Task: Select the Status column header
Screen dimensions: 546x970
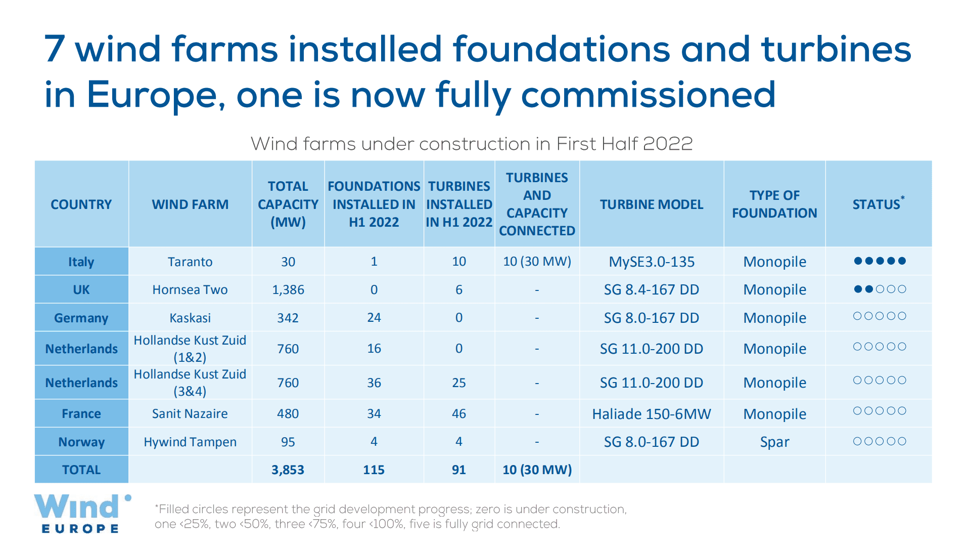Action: click(878, 204)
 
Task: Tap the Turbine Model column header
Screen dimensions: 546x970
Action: click(651, 204)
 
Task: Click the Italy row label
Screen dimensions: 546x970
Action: click(81, 262)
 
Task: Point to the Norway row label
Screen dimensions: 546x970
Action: click(81, 442)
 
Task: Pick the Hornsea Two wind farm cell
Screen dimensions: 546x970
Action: click(190, 289)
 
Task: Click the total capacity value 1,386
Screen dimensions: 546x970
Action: click(288, 289)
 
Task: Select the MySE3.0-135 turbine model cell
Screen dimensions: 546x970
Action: click(651, 262)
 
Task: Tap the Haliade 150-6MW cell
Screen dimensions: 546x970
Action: click(651, 414)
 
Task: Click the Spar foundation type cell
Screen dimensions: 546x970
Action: click(774, 442)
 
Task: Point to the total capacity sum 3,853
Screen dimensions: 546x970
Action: click(288, 470)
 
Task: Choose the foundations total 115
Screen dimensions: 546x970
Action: click(374, 470)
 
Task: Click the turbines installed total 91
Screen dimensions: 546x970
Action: click(458, 470)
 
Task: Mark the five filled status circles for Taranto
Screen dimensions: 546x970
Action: click(880, 261)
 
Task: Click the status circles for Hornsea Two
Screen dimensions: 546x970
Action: click(880, 289)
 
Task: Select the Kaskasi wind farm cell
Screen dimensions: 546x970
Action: click(190, 318)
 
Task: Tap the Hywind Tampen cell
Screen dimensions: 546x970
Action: click(190, 442)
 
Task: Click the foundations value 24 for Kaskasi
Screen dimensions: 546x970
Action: click(374, 318)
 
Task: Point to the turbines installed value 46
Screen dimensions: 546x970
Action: click(458, 414)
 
